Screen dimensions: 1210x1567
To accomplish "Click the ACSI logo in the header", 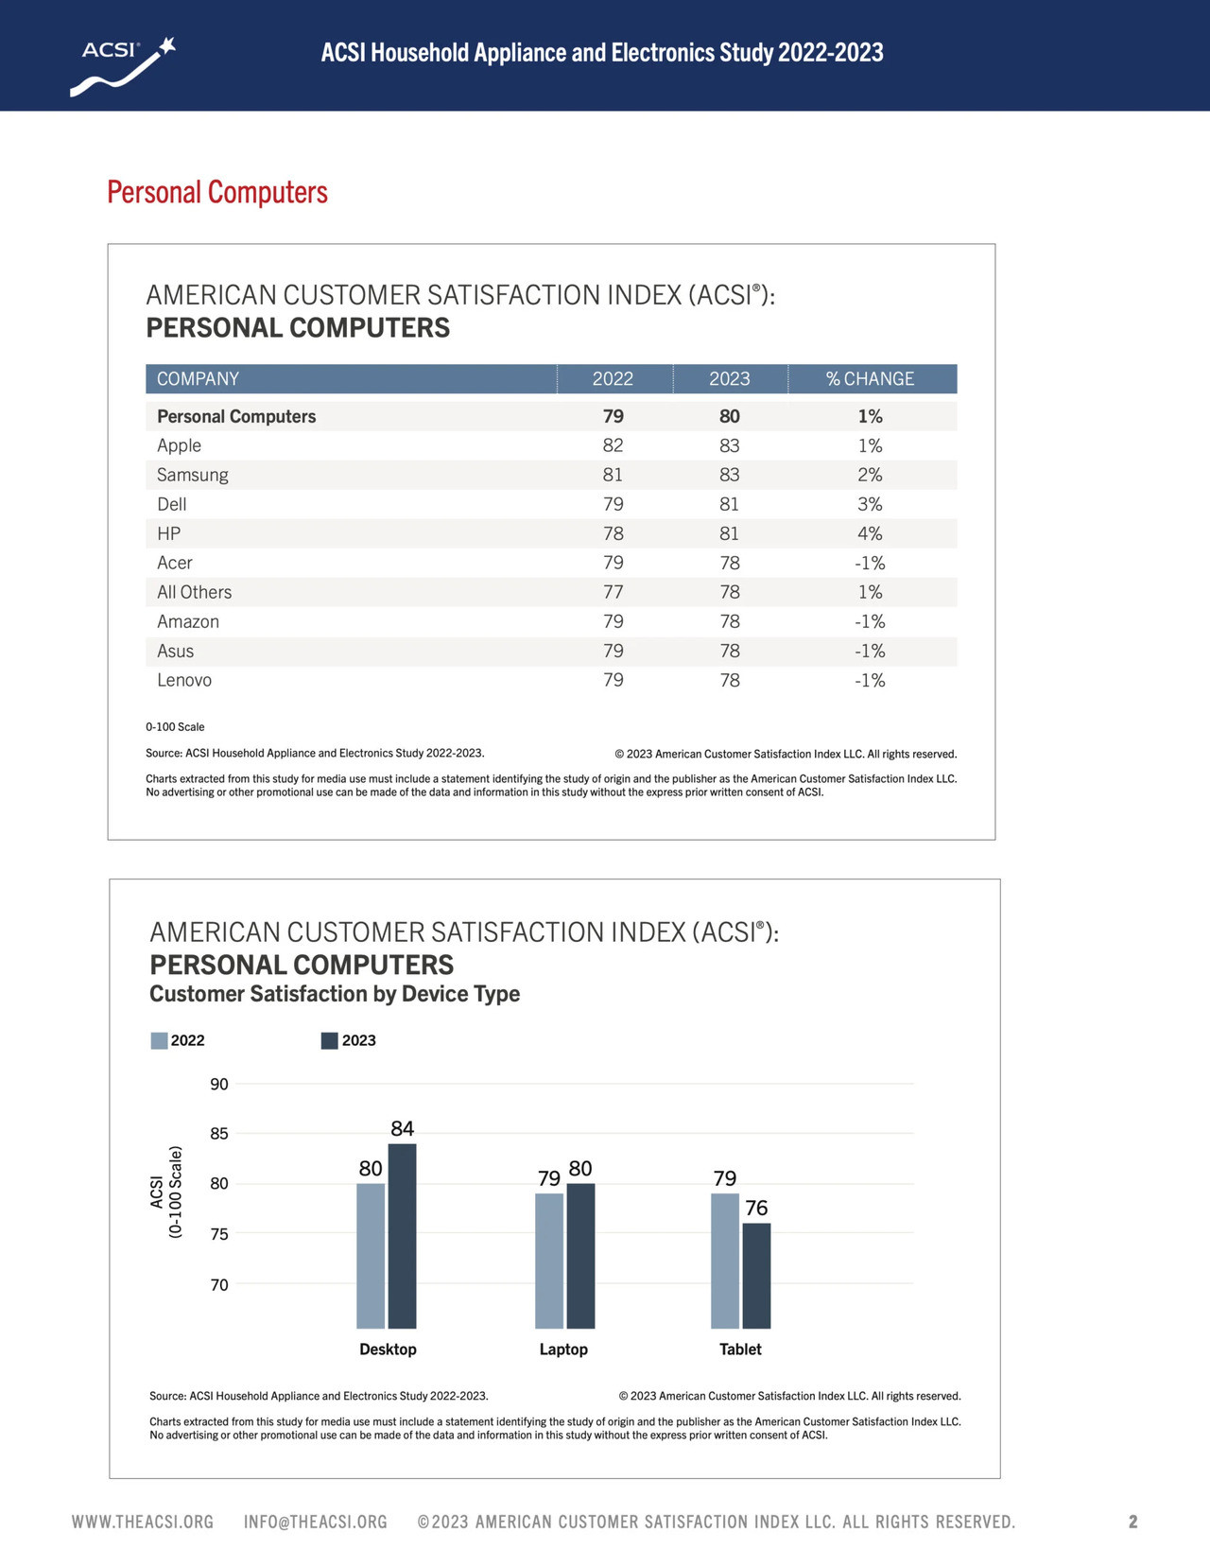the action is click(x=123, y=66).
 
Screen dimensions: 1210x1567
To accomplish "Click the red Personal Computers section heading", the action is click(x=216, y=193).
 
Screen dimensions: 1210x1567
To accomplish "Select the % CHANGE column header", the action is click(x=869, y=378).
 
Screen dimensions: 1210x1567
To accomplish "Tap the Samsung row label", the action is click(x=193, y=475).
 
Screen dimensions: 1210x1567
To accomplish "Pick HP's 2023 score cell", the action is click(x=729, y=533).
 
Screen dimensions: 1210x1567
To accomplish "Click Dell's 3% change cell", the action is click(x=869, y=504).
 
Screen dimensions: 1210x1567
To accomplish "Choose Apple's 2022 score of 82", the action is click(x=613, y=445).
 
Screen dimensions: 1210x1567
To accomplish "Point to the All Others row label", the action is click(x=195, y=592).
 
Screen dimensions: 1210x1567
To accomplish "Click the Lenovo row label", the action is click(x=184, y=680).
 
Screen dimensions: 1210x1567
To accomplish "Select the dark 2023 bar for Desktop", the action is click(x=402, y=1236).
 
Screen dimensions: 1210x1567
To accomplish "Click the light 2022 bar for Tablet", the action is click(x=725, y=1261).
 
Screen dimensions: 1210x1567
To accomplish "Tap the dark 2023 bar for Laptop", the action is click(x=580, y=1256).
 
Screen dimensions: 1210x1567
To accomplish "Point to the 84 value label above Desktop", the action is click(x=402, y=1128).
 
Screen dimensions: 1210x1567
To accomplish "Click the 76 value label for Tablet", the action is click(x=756, y=1208).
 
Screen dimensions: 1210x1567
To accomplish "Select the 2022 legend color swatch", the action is click(x=159, y=1040).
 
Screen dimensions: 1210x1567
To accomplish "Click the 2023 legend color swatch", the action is click(x=329, y=1040).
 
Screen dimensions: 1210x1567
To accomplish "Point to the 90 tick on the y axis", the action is click(x=219, y=1084).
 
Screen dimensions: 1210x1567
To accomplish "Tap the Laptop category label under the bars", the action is click(x=563, y=1349).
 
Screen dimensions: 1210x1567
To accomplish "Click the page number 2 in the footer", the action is click(x=1132, y=1522).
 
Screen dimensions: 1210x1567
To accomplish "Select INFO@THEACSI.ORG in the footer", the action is click(x=316, y=1522).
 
